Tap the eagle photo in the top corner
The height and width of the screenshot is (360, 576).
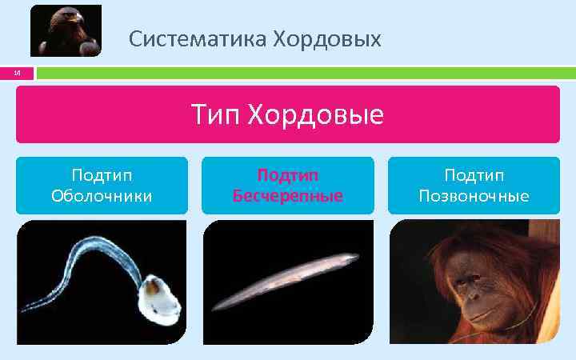tap(66, 30)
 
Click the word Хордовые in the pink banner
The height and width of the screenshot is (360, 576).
tap(315, 115)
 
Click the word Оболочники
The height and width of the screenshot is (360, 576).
tap(102, 195)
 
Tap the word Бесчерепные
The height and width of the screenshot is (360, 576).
tap(288, 195)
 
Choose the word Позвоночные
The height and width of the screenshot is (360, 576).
tap(474, 195)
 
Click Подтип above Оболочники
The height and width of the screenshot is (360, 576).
tap(102, 175)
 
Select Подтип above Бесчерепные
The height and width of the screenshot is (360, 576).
tap(288, 175)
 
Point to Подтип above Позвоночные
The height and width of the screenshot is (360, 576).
tap(474, 175)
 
